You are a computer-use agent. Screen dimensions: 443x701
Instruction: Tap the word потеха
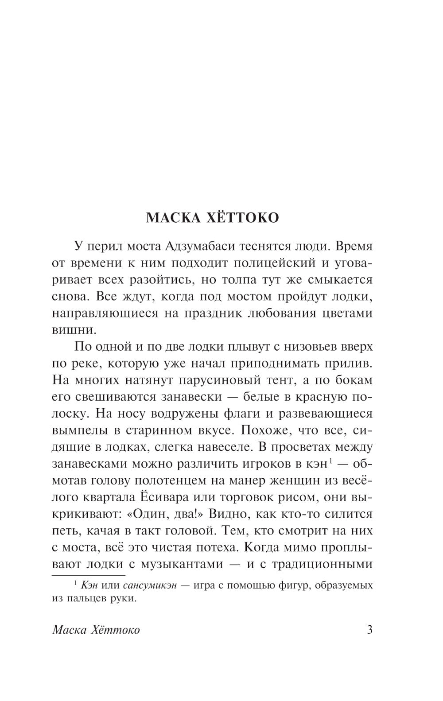214,548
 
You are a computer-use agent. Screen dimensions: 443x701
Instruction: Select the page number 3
369,630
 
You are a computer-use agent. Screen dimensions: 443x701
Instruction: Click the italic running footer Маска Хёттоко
96,630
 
